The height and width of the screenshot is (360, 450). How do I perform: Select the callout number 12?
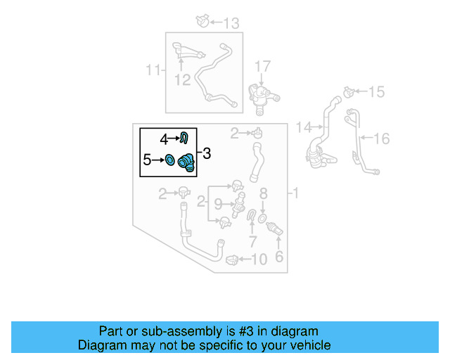pos(182,79)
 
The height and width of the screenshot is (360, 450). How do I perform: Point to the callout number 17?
pos(262,67)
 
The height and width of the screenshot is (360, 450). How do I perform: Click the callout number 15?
pos(377,91)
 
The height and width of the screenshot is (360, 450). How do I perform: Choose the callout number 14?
pos(303,127)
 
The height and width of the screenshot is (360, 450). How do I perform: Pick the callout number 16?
pos(380,139)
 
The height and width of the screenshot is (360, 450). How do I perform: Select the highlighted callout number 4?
pos(164,139)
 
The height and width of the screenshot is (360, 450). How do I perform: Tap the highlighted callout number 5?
pos(147,160)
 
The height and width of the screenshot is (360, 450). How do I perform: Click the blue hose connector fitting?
pos(186,162)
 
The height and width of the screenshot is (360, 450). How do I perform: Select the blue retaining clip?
pos(184,137)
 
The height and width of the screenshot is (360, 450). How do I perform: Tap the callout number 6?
pos(279,257)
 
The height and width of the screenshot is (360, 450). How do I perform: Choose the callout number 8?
pos(264,193)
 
